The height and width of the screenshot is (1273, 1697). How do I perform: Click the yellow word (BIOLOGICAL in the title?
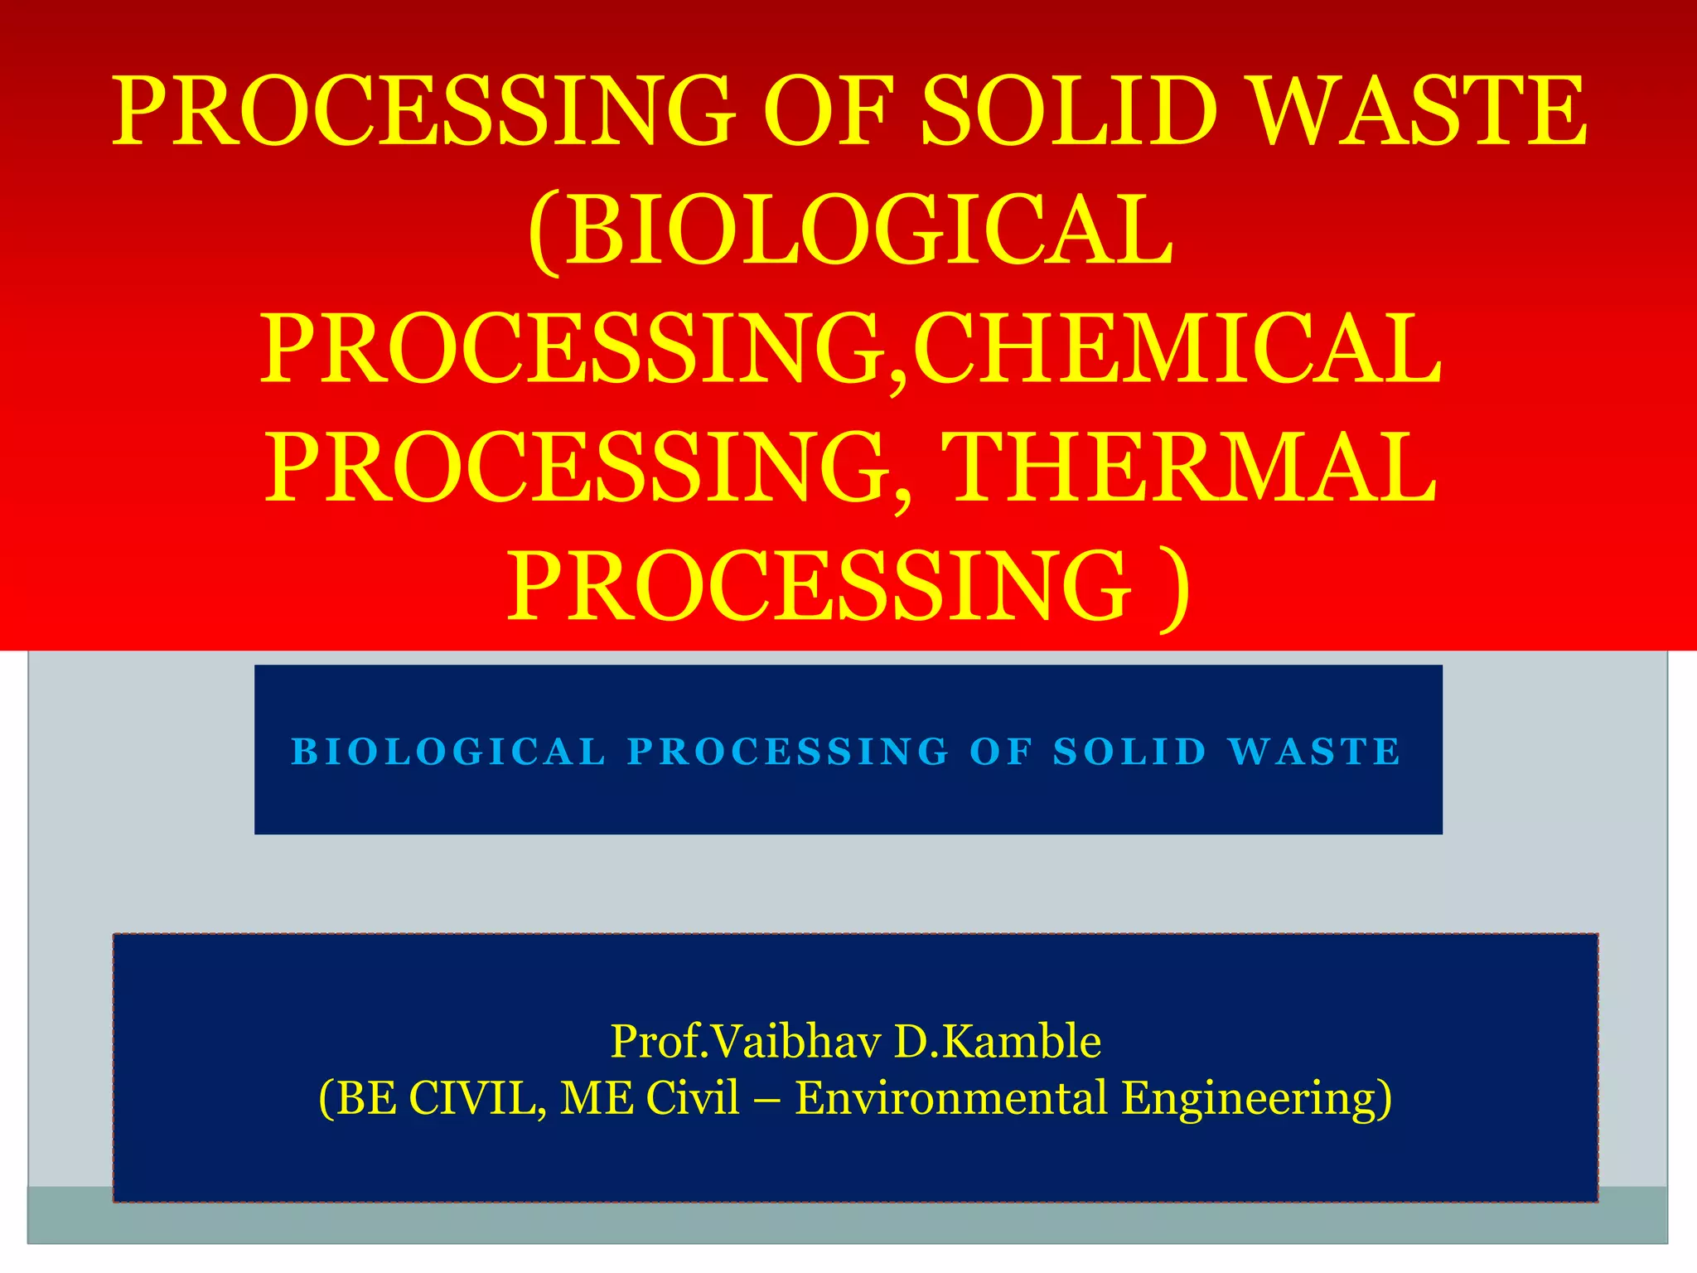[x=849, y=230]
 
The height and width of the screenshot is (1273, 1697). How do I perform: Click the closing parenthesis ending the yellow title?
[x=1176, y=587]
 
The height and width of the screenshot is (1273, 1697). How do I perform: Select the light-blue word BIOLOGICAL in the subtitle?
[x=448, y=752]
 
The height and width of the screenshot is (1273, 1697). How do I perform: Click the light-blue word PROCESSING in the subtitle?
[x=788, y=752]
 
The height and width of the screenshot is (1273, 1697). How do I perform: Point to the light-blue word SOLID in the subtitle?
[x=1129, y=752]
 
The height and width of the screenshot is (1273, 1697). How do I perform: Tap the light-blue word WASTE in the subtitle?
[x=1315, y=752]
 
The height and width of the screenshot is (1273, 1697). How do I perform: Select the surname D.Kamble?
[x=998, y=1041]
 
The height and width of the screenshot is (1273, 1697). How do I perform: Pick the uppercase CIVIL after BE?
[x=476, y=1097]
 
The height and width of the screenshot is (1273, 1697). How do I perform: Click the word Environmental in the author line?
[x=951, y=1097]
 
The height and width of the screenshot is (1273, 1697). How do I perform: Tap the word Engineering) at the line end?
[x=1256, y=1097]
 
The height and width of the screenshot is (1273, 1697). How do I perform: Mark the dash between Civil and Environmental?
[x=767, y=1099]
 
